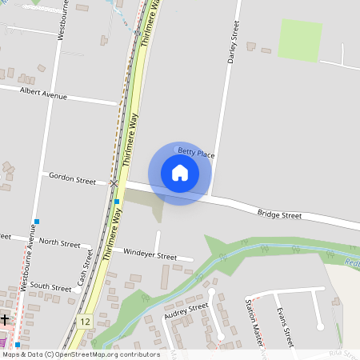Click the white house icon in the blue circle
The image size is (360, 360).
tap(180, 172)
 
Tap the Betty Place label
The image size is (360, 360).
tap(196, 151)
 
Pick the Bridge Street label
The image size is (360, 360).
tap(279, 214)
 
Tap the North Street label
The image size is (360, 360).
tap(59, 242)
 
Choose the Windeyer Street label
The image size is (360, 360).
tap(150, 254)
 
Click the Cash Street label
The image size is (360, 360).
tap(82, 271)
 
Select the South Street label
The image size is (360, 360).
tap(50, 286)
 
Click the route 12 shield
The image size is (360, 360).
tap(86, 321)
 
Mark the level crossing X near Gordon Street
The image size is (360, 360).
tap(114, 183)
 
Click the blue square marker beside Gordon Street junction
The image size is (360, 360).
tap(117, 201)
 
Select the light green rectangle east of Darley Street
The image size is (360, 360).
tap(300, 40)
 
